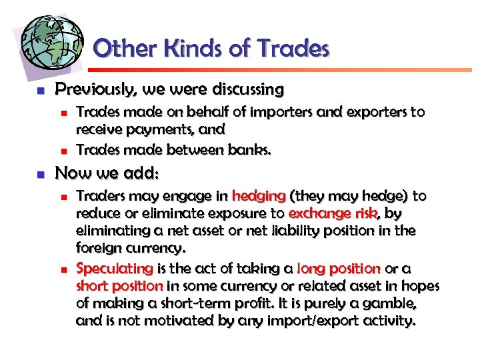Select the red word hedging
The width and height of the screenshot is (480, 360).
(x=259, y=196)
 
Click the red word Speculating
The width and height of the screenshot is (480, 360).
(x=115, y=268)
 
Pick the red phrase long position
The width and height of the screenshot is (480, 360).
(x=338, y=268)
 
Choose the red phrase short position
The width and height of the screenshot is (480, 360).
(x=119, y=285)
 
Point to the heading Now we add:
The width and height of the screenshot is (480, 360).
(x=107, y=173)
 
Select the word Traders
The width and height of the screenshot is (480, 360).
(x=99, y=196)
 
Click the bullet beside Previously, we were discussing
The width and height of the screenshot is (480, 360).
(x=40, y=89)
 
